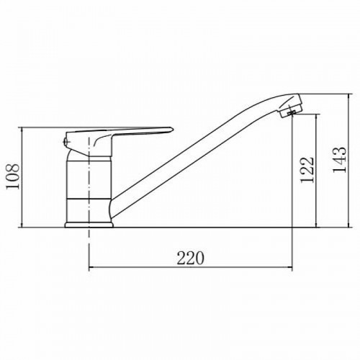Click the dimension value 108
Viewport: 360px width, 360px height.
point(12,176)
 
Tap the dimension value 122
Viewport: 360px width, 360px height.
point(307,170)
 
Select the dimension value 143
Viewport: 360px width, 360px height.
point(340,159)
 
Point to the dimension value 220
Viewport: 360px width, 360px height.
point(190,258)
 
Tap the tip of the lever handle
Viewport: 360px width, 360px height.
point(171,130)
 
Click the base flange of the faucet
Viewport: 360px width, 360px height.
point(89,225)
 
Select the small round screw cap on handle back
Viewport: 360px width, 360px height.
point(66,142)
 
